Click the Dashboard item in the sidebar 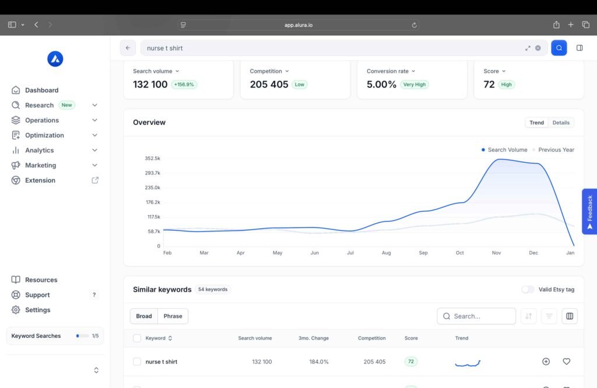pyautogui.click(x=41, y=90)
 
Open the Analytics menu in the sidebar pyautogui.click(x=40, y=151)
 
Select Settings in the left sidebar pyautogui.click(x=37, y=310)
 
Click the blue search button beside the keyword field pyautogui.click(x=559, y=48)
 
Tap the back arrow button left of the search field pyautogui.click(x=128, y=48)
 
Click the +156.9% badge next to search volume pyautogui.click(x=184, y=85)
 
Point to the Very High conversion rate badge pyautogui.click(x=415, y=85)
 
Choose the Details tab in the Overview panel pyautogui.click(x=561, y=123)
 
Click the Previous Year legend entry pyautogui.click(x=556, y=150)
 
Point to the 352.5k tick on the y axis pyautogui.click(x=153, y=159)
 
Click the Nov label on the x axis pyautogui.click(x=496, y=253)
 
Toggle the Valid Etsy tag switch pyautogui.click(x=528, y=289)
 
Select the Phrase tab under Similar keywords pyautogui.click(x=173, y=316)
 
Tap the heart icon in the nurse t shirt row pyautogui.click(x=566, y=362)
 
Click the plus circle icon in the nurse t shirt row pyautogui.click(x=546, y=362)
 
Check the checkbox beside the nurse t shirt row pyautogui.click(x=137, y=362)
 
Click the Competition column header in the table pyautogui.click(x=371, y=338)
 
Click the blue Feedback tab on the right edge pyautogui.click(x=589, y=211)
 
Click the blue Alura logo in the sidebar pyautogui.click(x=55, y=59)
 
